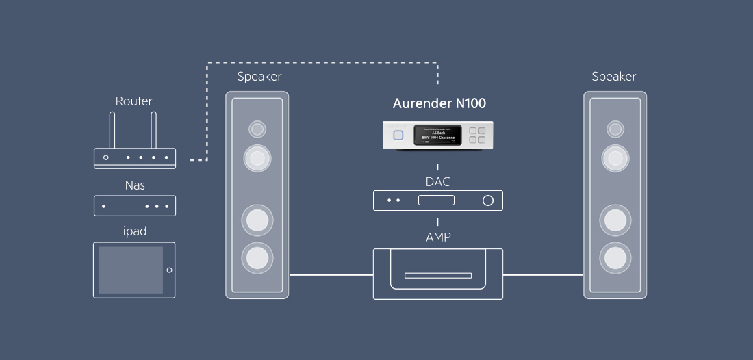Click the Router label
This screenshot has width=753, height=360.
(133, 101)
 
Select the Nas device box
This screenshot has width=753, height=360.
(135, 206)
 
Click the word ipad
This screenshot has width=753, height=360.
(135, 231)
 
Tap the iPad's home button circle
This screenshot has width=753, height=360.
(169, 270)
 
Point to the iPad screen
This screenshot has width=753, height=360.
(130, 270)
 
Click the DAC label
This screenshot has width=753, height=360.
(438, 181)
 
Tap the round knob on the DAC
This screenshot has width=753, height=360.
(488, 201)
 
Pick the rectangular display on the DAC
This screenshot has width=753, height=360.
(437, 201)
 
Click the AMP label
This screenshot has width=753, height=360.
(438, 237)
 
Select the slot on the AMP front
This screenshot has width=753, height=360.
(437, 276)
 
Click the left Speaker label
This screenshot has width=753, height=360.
(259, 77)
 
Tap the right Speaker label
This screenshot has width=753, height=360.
(614, 77)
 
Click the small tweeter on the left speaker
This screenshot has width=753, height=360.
(257, 129)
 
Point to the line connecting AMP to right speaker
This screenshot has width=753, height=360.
(543, 275)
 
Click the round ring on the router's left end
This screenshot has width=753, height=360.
(105, 157)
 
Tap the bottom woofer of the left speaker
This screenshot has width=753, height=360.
(257, 257)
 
